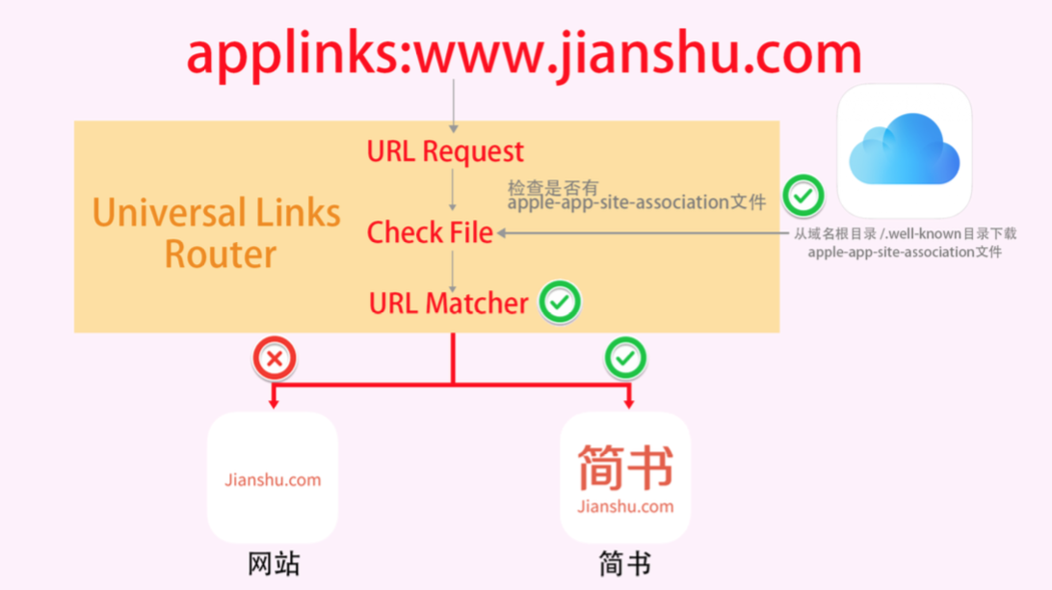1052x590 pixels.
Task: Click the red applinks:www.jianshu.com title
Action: point(524,54)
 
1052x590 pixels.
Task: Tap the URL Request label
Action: point(445,151)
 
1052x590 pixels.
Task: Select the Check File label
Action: point(430,232)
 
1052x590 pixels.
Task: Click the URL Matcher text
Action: point(448,304)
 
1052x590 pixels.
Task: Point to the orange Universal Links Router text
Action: point(217,232)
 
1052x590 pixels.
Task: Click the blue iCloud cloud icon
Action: point(905,150)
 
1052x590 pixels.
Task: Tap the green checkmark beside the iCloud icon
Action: point(803,196)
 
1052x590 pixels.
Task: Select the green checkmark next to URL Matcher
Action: point(560,302)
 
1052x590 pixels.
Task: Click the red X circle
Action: point(275,359)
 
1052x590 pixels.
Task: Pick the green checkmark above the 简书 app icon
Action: point(625,359)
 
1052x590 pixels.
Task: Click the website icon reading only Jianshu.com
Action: point(273,477)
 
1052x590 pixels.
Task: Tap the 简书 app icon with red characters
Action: point(624,477)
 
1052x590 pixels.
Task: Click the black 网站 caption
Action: point(274,564)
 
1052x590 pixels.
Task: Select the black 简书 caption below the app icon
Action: point(624,564)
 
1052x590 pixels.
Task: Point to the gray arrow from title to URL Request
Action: point(454,106)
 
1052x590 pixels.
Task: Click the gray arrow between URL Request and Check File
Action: point(453,191)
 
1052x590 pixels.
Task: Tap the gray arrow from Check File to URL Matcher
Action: point(453,272)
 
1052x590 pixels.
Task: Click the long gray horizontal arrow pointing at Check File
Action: point(643,233)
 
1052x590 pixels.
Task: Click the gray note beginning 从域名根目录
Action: point(905,242)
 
